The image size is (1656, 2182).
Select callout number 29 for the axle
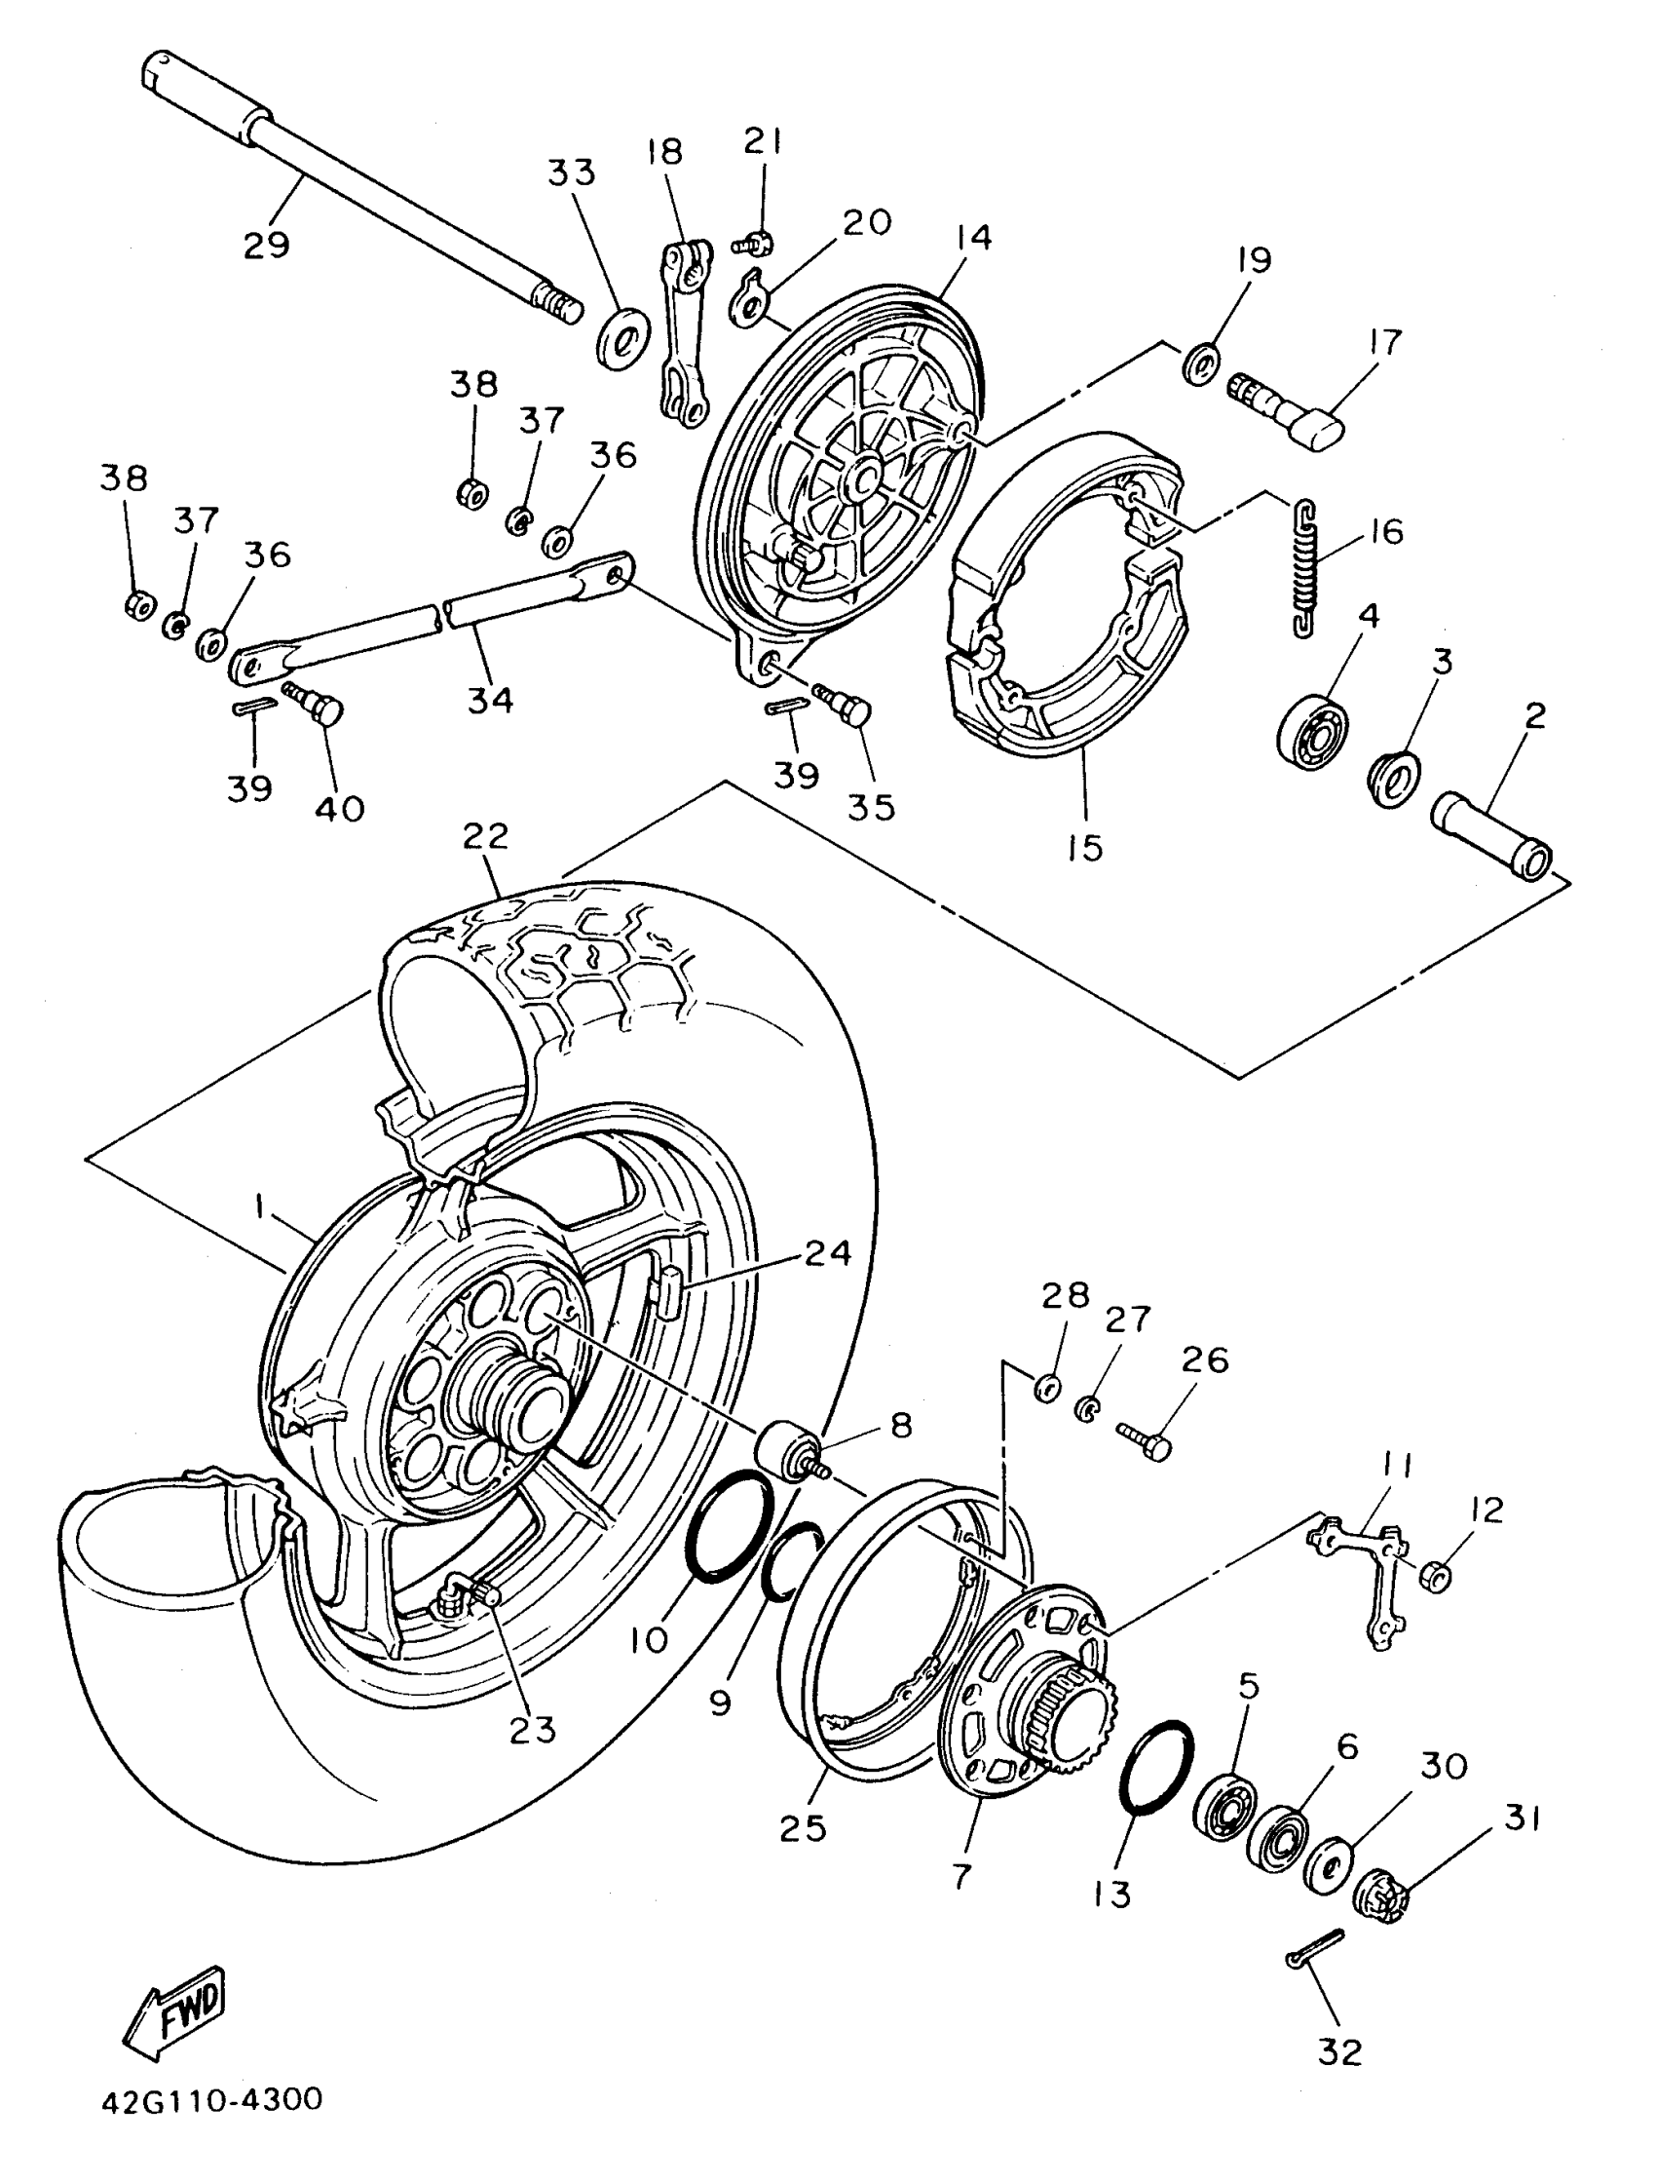pos(266,244)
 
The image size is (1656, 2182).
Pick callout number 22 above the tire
pos(485,836)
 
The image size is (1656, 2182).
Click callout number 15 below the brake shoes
pos(1084,847)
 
